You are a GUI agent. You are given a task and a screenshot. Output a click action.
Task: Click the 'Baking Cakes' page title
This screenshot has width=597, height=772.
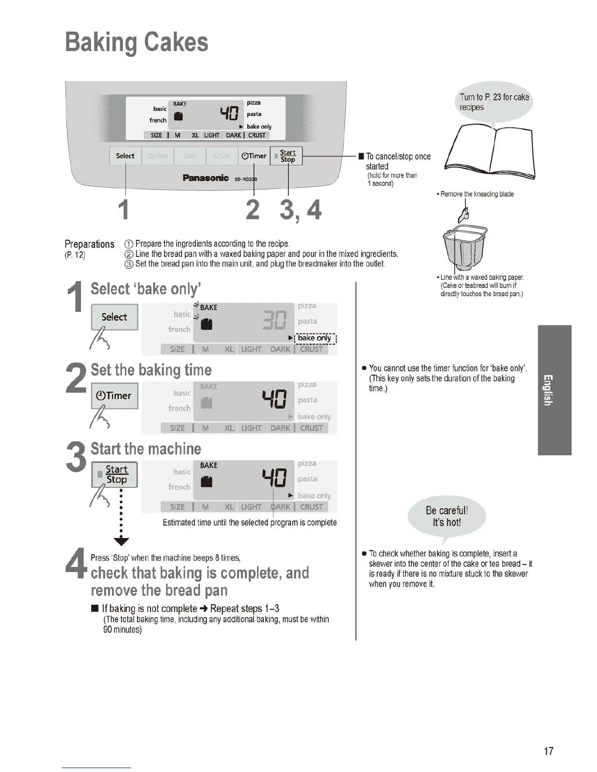(x=137, y=42)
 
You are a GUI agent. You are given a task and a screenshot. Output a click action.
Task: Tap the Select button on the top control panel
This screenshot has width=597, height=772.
(x=125, y=156)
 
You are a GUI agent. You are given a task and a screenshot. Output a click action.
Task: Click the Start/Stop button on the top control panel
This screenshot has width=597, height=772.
(x=287, y=156)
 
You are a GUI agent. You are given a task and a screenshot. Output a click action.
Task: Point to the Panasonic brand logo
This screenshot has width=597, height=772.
(x=205, y=178)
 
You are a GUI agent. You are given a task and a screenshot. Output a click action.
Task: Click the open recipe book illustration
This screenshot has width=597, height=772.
(x=491, y=152)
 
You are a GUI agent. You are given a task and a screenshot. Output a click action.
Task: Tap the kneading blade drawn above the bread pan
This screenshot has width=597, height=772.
(x=464, y=213)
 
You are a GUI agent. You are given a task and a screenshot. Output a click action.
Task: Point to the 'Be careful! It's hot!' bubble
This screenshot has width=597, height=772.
(x=447, y=517)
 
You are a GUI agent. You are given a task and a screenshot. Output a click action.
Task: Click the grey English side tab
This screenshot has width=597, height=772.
(x=555, y=390)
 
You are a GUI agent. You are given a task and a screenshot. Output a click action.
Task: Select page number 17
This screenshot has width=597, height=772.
(x=549, y=751)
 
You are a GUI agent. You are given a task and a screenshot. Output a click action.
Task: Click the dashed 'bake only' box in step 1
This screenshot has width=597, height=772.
(x=315, y=338)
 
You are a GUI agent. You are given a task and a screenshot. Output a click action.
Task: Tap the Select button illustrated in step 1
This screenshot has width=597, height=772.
(x=115, y=317)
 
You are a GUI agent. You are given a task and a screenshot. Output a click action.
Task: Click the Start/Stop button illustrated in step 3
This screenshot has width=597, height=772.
(x=115, y=474)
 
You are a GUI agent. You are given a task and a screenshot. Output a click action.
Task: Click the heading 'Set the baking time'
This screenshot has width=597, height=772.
(x=151, y=370)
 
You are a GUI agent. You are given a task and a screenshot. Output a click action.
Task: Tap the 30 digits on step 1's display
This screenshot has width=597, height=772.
(x=274, y=320)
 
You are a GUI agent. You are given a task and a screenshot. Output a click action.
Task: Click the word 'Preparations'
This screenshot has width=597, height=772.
(x=89, y=244)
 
